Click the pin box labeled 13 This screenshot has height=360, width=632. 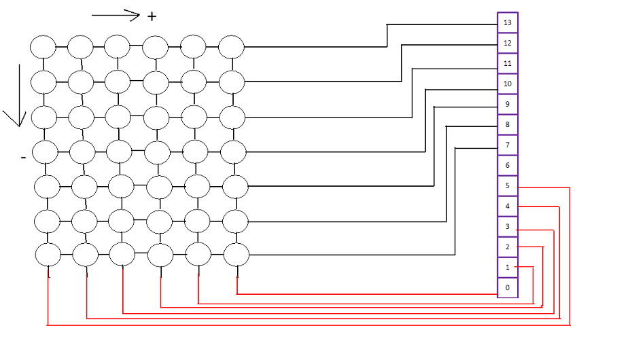508,22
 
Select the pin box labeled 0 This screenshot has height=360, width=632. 508,287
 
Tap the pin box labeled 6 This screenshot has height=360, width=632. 508,165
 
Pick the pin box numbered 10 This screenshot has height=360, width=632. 508,84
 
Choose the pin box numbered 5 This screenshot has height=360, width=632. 508,185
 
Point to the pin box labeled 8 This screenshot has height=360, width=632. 508,124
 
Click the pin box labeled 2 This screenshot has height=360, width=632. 508,247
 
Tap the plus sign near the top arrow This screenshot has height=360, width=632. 152,16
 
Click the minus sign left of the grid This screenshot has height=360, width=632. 23,158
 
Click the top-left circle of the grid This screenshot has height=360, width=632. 43,47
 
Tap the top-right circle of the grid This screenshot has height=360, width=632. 231,47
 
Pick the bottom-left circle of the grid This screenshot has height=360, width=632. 48,255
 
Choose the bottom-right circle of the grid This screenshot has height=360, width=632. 236,255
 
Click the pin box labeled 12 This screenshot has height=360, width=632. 508,43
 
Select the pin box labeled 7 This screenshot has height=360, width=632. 508,145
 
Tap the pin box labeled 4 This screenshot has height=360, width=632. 508,206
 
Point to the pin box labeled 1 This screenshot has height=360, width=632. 508,268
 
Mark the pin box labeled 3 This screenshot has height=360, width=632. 508,226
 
